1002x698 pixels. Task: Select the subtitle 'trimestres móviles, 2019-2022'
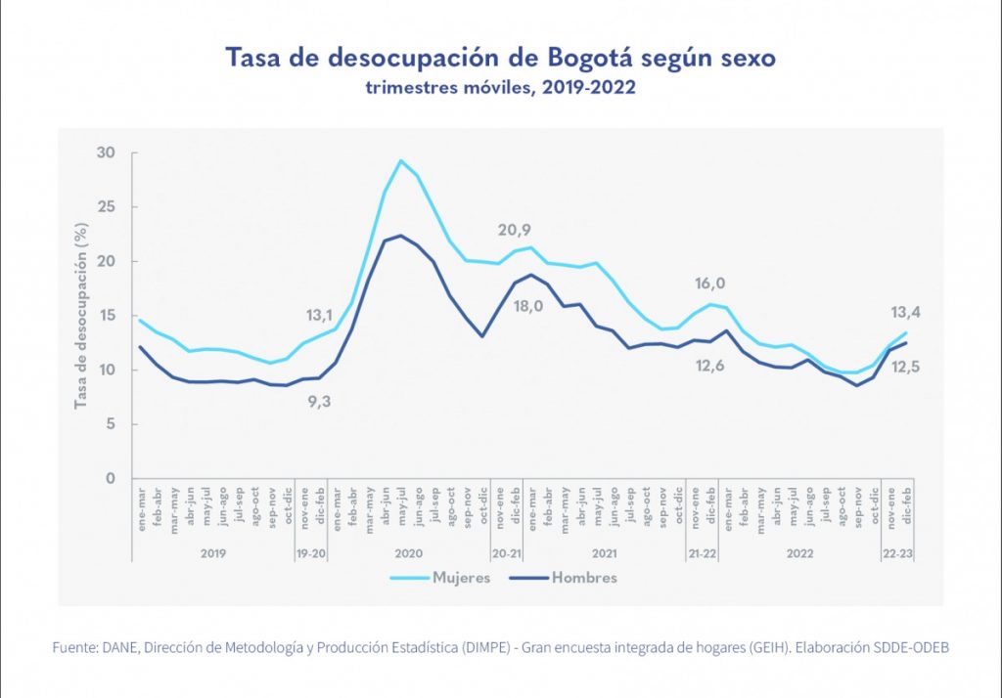[501, 88]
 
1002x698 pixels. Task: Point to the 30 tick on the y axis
[106, 153]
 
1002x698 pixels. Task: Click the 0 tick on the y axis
[111, 478]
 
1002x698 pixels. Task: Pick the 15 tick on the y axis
[106, 316]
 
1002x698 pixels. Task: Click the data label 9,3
[318, 400]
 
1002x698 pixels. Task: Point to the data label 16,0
[709, 284]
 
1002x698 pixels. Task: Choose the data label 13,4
[904, 313]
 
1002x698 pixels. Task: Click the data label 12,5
[904, 367]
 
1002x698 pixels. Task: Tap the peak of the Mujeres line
[401, 160]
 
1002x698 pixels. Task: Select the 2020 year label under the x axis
[408, 552]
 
